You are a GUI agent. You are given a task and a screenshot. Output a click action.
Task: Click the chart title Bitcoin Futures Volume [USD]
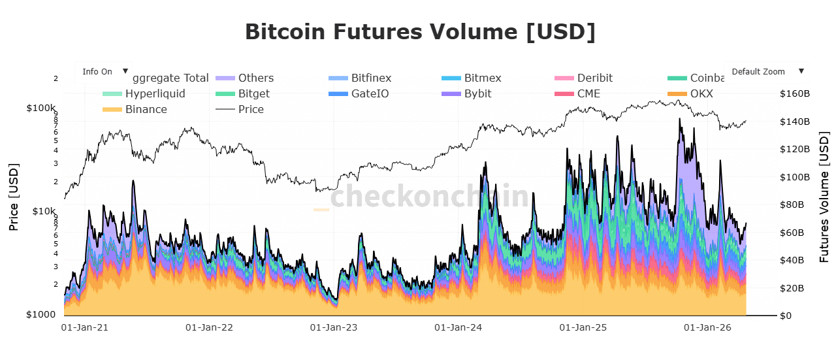click(x=420, y=31)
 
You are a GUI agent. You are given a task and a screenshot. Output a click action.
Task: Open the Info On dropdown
click(x=104, y=72)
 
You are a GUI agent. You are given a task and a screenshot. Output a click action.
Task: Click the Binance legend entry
click(x=146, y=109)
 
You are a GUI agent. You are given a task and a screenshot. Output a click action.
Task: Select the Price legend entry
click(x=251, y=109)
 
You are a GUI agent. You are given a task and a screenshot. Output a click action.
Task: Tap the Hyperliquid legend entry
click(x=155, y=93)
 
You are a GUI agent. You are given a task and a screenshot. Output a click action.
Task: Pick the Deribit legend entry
click(x=594, y=78)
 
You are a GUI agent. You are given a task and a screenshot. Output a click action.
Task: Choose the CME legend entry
click(x=588, y=93)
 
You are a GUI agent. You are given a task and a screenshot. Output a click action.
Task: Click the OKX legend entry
click(x=701, y=93)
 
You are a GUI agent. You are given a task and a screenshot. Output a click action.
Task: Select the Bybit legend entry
click(x=477, y=93)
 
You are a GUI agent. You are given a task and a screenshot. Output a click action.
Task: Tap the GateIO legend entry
click(x=370, y=93)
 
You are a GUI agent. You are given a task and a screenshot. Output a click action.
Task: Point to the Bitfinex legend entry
click(x=371, y=78)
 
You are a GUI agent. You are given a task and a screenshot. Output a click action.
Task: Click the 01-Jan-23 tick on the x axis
click(x=333, y=327)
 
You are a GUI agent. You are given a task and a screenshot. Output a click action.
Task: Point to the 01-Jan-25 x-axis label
click(x=583, y=327)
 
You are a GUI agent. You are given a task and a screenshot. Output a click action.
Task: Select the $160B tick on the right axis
click(x=795, y=94)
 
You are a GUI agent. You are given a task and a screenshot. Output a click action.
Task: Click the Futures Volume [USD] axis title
click(x=824, y=197)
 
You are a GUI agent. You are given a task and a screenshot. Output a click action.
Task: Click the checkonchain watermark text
click(x=429, y=196)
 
